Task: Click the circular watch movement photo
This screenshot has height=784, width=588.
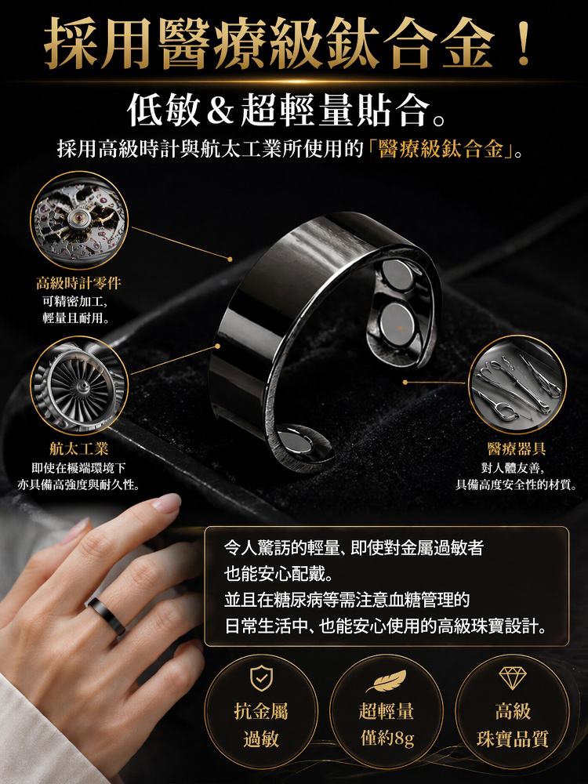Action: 79,220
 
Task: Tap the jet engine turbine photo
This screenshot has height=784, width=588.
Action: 79,385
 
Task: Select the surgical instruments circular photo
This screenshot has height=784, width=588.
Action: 517,384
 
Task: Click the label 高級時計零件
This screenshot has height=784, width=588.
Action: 78,284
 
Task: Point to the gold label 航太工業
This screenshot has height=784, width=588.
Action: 79,448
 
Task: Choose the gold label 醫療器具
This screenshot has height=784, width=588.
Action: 517,448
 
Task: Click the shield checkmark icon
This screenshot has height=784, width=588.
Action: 262,678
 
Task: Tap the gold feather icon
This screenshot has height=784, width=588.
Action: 386,680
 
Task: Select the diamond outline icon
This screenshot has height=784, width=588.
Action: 513,677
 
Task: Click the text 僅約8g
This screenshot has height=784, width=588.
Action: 387,738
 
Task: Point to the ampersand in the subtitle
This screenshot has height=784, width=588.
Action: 220,111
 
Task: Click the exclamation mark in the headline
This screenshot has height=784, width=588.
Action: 524,42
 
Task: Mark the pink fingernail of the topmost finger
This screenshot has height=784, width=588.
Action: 167,503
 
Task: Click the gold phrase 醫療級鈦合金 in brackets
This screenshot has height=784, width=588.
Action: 441,148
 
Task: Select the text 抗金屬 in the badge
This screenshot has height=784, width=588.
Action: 261,710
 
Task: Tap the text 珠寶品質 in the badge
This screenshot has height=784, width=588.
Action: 513,739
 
